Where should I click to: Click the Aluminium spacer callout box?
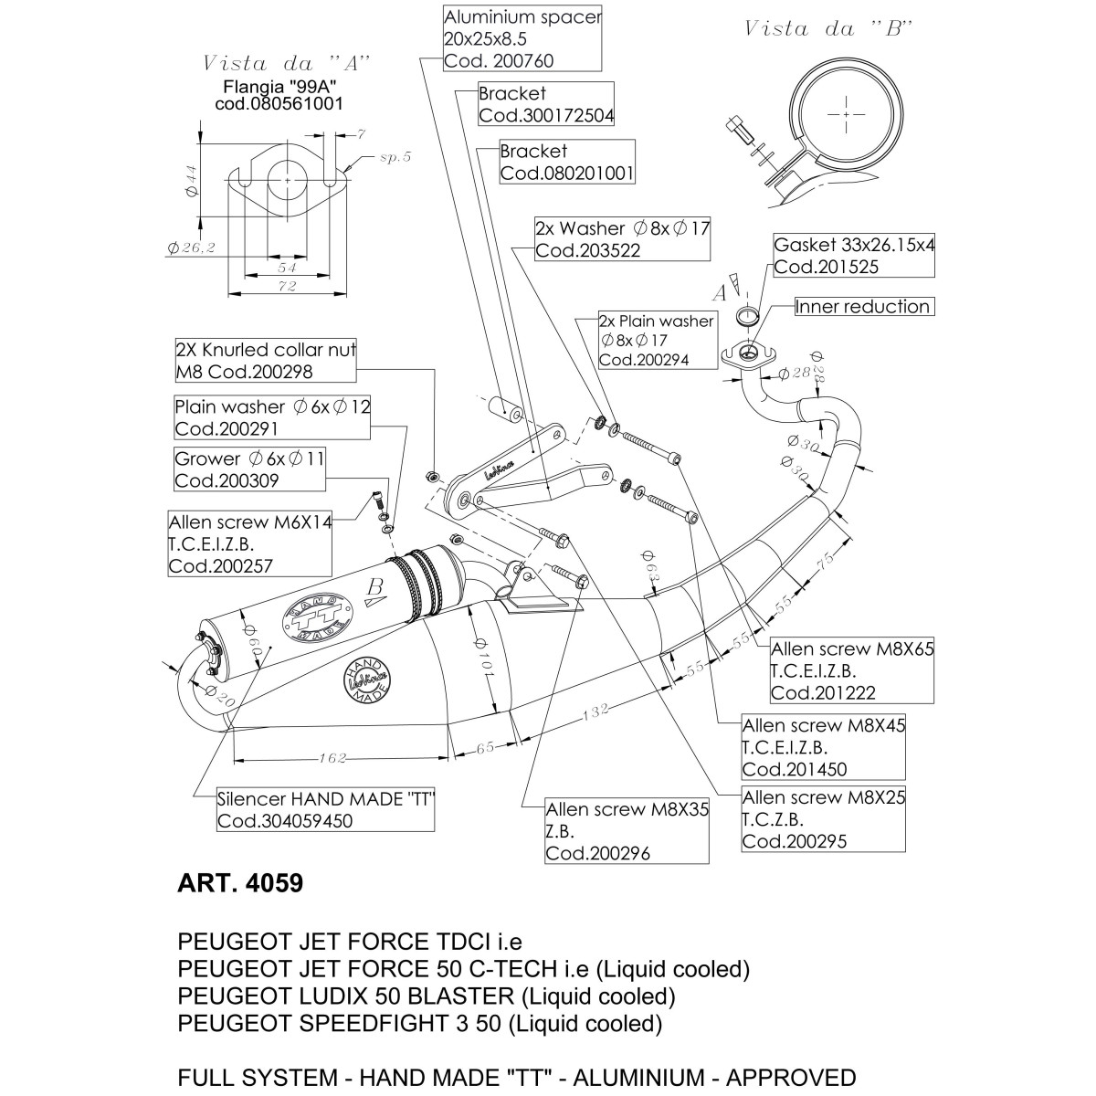[522, 40]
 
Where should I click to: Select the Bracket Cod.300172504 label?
[546, 105]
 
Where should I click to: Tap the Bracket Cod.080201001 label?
[567, 163]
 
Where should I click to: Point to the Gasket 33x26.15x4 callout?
[854, 256]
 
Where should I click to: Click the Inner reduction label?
[863, 307]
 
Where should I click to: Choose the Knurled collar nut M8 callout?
[266, 361]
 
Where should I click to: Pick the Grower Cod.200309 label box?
[250, 469]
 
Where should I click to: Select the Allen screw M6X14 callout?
[250, 544]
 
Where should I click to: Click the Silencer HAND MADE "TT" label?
[325, 810]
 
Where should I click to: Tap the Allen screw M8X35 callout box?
[627, 831]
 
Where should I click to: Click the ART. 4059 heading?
[238, 884]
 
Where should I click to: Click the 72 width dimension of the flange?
[288, 287]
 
